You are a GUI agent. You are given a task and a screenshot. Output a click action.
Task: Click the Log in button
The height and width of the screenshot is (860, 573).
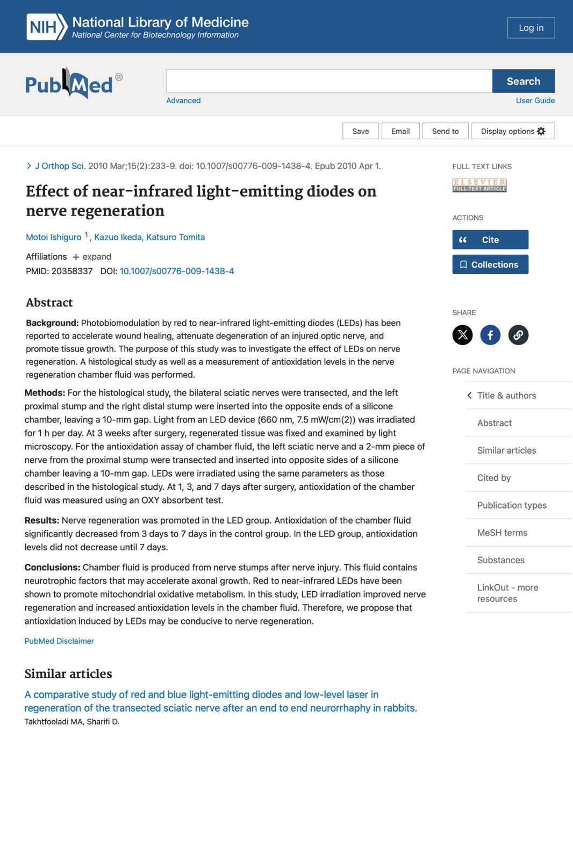[x=531, y=28]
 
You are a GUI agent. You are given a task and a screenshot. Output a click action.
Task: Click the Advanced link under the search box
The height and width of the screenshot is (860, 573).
[x=183, y=101]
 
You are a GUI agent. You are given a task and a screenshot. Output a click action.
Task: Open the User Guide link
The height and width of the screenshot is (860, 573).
[x=535, y=101]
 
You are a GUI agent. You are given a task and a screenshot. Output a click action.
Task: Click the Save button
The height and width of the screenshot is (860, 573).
[x=360, y=131]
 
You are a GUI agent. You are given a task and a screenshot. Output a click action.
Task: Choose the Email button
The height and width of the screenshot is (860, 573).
[x=400, y=131]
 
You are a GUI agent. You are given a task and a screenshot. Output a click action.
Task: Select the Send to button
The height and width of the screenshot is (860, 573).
[x=445, y=131]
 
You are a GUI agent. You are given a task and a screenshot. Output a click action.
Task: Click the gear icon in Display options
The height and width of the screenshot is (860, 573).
[x=541, y=131]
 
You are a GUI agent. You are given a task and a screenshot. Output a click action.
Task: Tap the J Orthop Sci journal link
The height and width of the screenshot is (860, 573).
[x=60, y=166]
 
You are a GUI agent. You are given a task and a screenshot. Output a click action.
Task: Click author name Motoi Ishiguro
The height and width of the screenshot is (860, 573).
[x=54, y=238]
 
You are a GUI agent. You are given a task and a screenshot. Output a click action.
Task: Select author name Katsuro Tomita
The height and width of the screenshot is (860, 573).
[x=176, y=238]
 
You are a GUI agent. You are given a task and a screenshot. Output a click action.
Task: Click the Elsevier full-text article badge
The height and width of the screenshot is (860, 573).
[x=479, y=185]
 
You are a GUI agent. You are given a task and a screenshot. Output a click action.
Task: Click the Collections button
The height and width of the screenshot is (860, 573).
[x=490, y=264]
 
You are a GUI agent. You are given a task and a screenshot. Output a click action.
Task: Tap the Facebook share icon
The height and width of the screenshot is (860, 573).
[x=490, y=335]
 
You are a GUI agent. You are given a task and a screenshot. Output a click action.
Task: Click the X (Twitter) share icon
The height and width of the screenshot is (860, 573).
[x=462, y=335]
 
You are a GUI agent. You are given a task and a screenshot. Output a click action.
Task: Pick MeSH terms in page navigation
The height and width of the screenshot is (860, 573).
[x=502, y=533]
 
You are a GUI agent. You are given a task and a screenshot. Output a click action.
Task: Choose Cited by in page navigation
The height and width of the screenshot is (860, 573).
[x=493, y=478]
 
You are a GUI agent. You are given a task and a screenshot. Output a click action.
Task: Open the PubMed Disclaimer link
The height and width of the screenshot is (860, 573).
[x=59, y=641]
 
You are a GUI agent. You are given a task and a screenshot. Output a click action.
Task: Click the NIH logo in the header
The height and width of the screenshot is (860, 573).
[x=47, y=27]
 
